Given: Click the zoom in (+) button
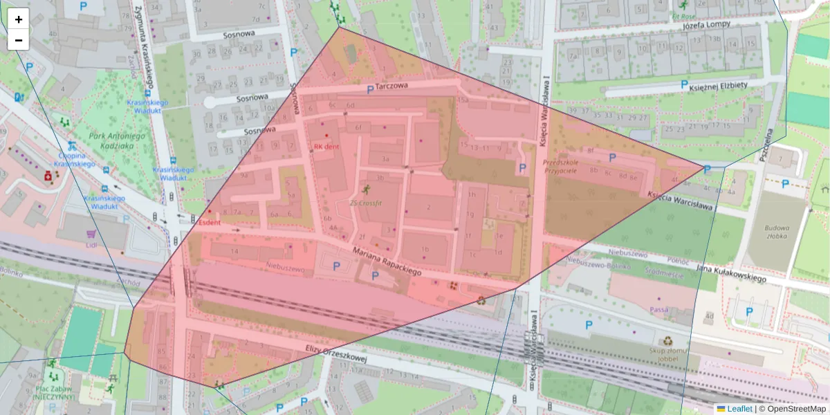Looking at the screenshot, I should tap(19, 19).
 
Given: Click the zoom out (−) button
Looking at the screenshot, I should tap(19, 40).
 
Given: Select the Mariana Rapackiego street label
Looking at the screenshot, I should tap(387, 263).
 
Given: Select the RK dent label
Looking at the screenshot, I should tap(326, 147).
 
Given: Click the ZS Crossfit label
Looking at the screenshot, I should tap(367, 203).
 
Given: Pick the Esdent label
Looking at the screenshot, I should tap(209, 223).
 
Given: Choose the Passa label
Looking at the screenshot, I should tap(659, 309).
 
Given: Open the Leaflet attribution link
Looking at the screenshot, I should tap(739, 409).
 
